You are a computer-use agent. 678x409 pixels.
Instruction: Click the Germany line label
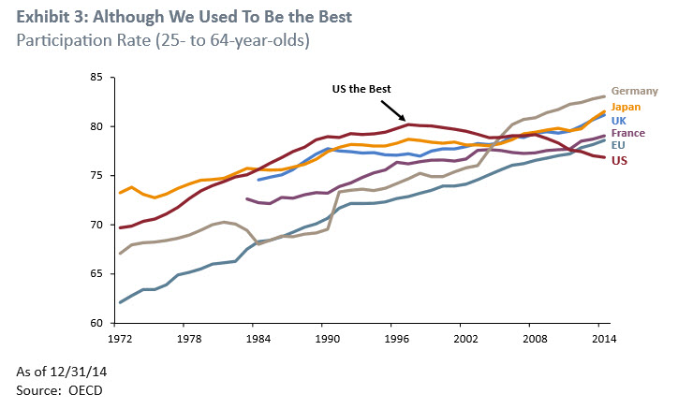634,92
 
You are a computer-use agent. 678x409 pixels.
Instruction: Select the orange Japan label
626,107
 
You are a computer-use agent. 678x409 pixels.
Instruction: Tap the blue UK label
619,121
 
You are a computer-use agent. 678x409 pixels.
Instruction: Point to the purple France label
628,134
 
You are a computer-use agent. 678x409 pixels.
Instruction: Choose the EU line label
619,147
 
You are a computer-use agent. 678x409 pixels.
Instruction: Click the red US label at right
619,161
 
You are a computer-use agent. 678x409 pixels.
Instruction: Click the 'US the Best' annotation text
361,89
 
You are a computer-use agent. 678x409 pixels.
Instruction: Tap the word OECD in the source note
80,390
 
